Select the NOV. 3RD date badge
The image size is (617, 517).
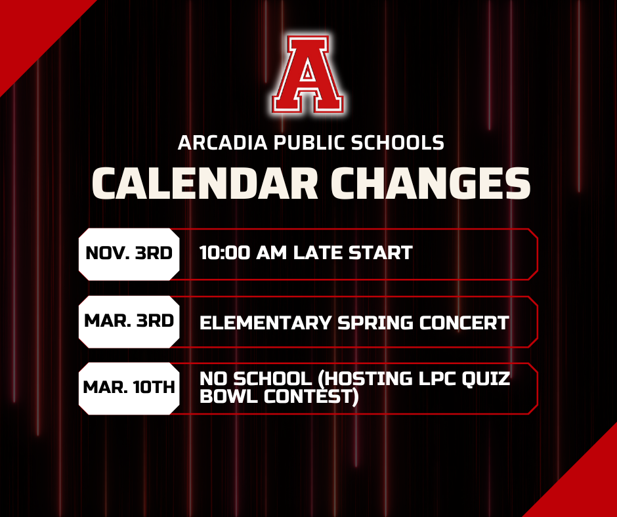[129, 253]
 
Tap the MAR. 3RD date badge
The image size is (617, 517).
[129, 321]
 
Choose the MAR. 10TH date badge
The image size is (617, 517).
[129, 388]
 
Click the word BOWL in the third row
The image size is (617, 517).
[227, 397]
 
